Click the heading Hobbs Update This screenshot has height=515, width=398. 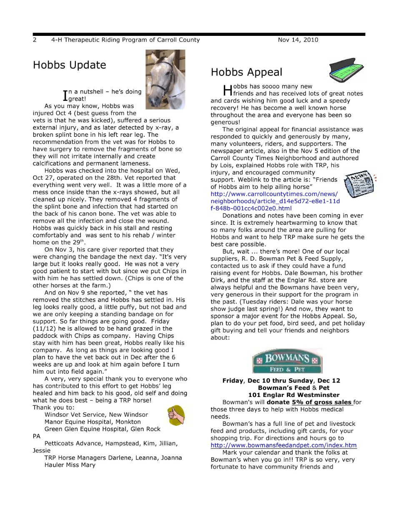(69, 65)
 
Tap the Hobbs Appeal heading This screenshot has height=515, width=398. (246, 72)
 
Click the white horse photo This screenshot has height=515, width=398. (165, 75)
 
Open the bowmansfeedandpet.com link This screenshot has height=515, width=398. (283, 445)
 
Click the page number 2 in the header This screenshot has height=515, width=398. (35, 40)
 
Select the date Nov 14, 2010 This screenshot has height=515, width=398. (298, 40)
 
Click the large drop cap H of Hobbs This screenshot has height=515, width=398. (228, 90)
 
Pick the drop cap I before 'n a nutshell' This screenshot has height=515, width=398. (65, 95)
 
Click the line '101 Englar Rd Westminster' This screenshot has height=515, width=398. (293, 395)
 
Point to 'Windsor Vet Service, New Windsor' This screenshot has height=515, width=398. (96, 415)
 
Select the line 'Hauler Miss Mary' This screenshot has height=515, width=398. (70, 465)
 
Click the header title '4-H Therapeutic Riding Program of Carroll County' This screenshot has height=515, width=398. (125, 40)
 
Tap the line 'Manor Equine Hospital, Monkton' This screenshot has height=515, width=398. (93, 422)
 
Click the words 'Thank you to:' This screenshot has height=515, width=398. (53, 407)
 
